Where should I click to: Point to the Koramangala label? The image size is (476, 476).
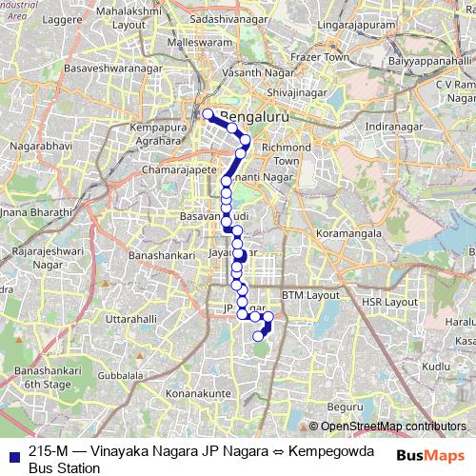point(348,232)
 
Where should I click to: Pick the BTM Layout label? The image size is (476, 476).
point(310,295)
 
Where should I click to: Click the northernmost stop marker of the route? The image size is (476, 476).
point(208,114)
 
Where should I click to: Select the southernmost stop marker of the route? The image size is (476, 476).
point(257,336)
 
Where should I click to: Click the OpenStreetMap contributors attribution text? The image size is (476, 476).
point(387,426)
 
